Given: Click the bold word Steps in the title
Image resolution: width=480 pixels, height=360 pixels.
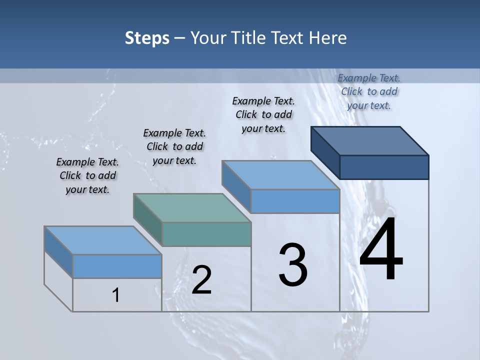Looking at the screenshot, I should [x=146, y=38].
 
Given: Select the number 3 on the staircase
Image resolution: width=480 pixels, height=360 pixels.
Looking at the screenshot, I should [x=293, y=265].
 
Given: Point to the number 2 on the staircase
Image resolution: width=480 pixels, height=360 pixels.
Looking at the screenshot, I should [x=202, y=280].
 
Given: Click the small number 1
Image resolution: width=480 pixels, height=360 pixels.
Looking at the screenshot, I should [x=116, y=295].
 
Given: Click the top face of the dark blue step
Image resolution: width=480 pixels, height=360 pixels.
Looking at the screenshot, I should [x=370, y=141].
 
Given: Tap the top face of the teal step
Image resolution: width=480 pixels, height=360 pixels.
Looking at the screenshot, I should [x=192, y=208].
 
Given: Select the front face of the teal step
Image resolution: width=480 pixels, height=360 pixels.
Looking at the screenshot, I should [x=206, y=234].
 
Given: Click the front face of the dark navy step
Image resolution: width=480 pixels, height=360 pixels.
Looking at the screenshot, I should [x=384, y=167].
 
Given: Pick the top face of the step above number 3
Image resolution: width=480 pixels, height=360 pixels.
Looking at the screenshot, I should [x=280, y=175].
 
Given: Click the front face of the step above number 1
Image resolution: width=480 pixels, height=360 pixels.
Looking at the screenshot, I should [x=117, y=266].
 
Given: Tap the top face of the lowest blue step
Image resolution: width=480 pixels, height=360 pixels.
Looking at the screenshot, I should [x=103, y=240].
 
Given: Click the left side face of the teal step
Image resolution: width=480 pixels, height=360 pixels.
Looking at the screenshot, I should [x=148, y=218].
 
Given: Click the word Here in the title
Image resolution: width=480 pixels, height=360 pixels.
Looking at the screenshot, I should [x=328, y=38].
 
